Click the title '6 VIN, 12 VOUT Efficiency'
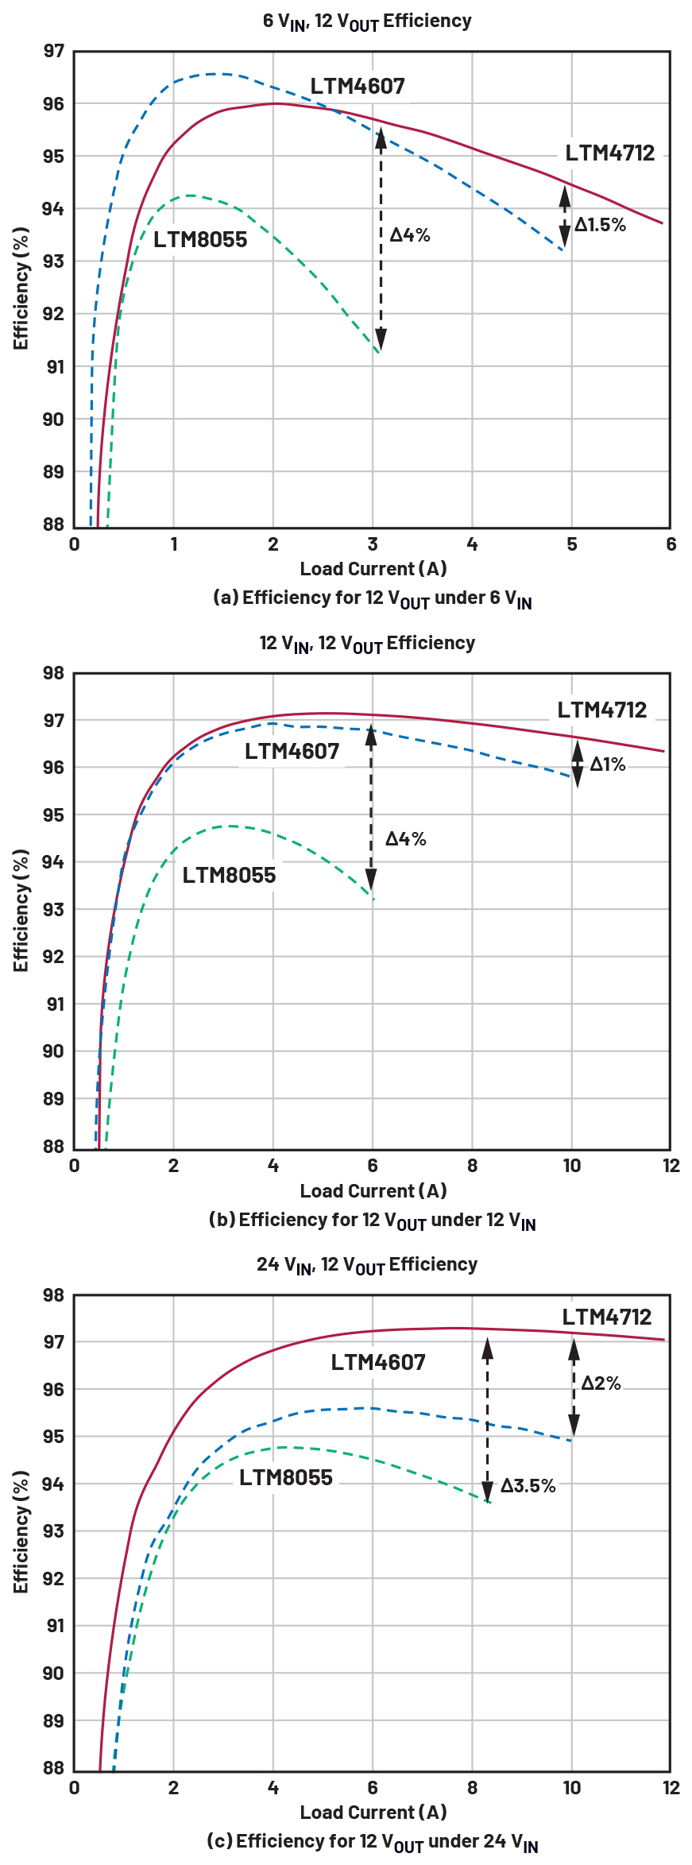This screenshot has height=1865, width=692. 367,21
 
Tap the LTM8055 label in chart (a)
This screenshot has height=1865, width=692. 200,239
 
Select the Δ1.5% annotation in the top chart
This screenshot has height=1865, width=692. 601,225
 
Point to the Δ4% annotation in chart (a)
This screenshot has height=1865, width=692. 410,234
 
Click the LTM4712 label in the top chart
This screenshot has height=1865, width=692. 610,153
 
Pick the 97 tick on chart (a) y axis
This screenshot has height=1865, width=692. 53,52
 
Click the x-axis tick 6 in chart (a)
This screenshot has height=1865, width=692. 671,544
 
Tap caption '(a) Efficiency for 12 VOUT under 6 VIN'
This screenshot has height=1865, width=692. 372,598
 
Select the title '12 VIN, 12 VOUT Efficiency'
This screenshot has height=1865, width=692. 367,644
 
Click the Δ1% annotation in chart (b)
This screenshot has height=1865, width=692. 608,764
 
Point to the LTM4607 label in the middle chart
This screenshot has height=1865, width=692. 292,751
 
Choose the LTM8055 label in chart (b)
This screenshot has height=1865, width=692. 229,875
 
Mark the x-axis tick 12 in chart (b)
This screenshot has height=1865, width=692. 671,1166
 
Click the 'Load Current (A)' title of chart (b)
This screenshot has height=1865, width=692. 373,1190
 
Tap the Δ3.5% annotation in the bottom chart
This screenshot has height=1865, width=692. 528,1485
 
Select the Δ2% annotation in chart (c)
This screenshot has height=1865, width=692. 601,1383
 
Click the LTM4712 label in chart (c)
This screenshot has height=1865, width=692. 606,1317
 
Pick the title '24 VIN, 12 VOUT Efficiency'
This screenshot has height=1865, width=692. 367,1265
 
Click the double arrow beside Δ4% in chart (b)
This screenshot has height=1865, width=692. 371,808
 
